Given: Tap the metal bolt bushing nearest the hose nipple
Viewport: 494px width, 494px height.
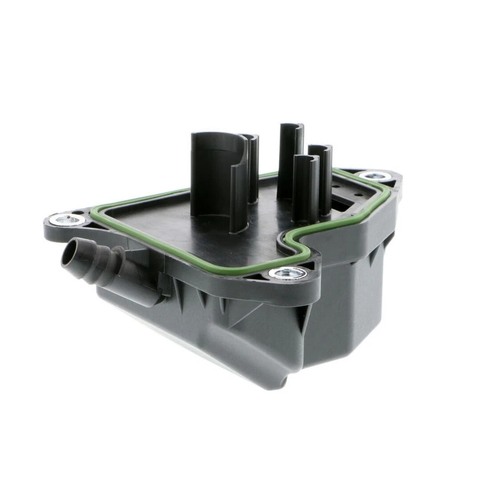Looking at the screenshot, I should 67,220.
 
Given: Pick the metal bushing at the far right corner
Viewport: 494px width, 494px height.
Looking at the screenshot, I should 371,176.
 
